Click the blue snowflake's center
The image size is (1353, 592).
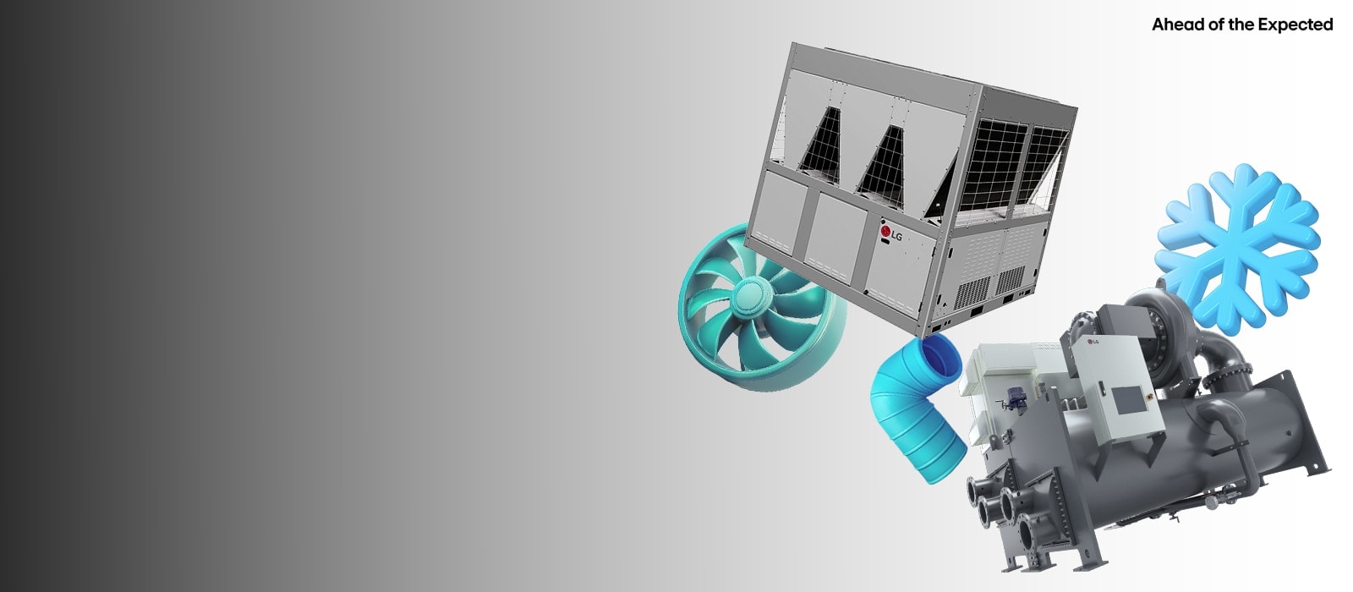coord(1237,249)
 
